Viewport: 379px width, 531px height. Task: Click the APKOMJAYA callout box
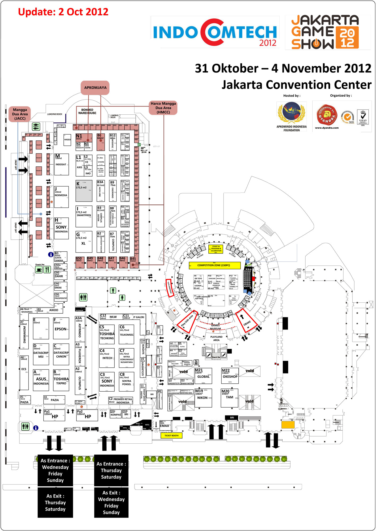click(95, 88)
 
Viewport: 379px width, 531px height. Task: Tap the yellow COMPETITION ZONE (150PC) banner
click(214, 265)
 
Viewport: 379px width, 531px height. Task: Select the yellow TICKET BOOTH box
click(171, 435)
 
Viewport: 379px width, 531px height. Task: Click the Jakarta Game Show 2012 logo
click(327, 32)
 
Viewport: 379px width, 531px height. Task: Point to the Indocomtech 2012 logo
click(215, 32)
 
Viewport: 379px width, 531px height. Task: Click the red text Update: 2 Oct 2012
click(63, 12)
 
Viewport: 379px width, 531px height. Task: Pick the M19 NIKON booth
click(203, 398)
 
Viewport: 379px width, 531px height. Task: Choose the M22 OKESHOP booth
click(230, 376)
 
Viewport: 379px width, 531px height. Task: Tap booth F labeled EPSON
click(61, 328)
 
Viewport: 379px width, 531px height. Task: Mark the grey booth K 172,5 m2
click(84, 191)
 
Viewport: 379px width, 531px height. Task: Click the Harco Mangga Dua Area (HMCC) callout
click(163, 108)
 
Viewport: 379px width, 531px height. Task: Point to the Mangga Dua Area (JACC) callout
click(20, 114)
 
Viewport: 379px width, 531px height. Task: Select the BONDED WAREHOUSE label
click(87, 111)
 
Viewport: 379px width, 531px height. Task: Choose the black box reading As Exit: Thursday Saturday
click(55, 502)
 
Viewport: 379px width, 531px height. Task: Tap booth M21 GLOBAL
click(203, 376)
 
